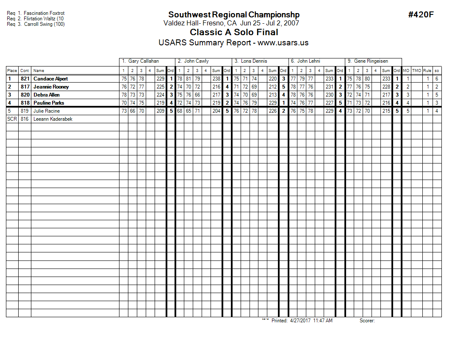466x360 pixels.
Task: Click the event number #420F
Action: click(421, 15)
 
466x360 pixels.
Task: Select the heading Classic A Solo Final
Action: click(234, 32)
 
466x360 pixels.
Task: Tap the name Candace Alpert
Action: click(50, 79)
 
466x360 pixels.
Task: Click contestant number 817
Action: click(25, 87)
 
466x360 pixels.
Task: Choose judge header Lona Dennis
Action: click(254, 61)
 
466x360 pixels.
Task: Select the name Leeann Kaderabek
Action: click(53, 119)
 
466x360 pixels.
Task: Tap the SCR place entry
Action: click(12, 119)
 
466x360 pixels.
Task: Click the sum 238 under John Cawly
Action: click(216, 79)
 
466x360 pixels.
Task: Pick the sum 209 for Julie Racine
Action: click(160, 111)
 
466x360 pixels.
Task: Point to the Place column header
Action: click(12, 71)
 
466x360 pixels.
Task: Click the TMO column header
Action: click(417, 71)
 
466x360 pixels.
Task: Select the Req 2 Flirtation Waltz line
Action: click(35, 19)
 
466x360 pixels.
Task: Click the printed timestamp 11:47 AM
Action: click(322, 321)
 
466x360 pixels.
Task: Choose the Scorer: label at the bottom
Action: click(367, 321)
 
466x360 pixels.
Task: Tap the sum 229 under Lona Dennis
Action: click(272, 103)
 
